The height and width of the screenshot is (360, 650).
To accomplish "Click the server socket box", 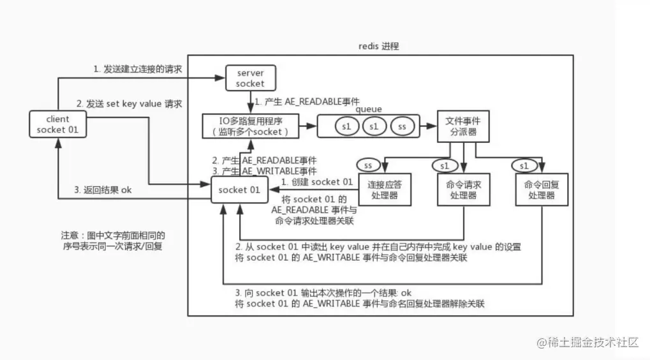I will coord(246,78).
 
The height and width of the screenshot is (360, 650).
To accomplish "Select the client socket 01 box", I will coord(57,124).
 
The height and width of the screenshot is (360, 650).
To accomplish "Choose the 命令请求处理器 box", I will coord(463,190).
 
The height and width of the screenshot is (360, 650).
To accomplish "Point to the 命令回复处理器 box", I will coord(541,190).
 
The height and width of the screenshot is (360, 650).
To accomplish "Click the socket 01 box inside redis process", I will coord(239,190).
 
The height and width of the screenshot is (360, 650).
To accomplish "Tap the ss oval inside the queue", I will coord(403,126).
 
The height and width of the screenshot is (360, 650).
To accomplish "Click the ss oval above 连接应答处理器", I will coord(368,165).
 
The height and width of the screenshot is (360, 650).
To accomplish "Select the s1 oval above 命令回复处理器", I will coord(524,165).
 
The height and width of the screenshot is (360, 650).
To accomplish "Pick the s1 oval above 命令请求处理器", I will coord(444,165).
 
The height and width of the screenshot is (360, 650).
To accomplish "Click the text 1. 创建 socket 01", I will coord(317,182).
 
